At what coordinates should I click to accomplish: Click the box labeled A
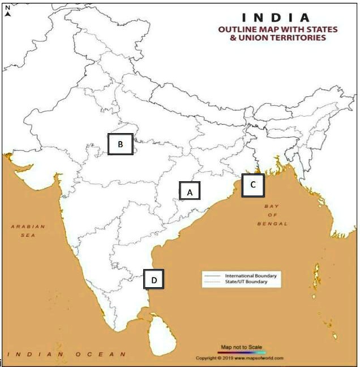click(190, 191)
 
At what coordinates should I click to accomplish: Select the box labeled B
click(121, 144)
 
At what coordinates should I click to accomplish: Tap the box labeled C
click(253, 185)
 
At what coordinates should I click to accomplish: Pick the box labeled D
click(153, 279)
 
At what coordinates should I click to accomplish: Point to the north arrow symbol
click(8, 14)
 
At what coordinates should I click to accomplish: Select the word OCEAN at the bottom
click(106, 355)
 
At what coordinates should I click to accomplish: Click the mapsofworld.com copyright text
click(239, 358)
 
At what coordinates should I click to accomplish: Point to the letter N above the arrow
click(7, 7)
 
